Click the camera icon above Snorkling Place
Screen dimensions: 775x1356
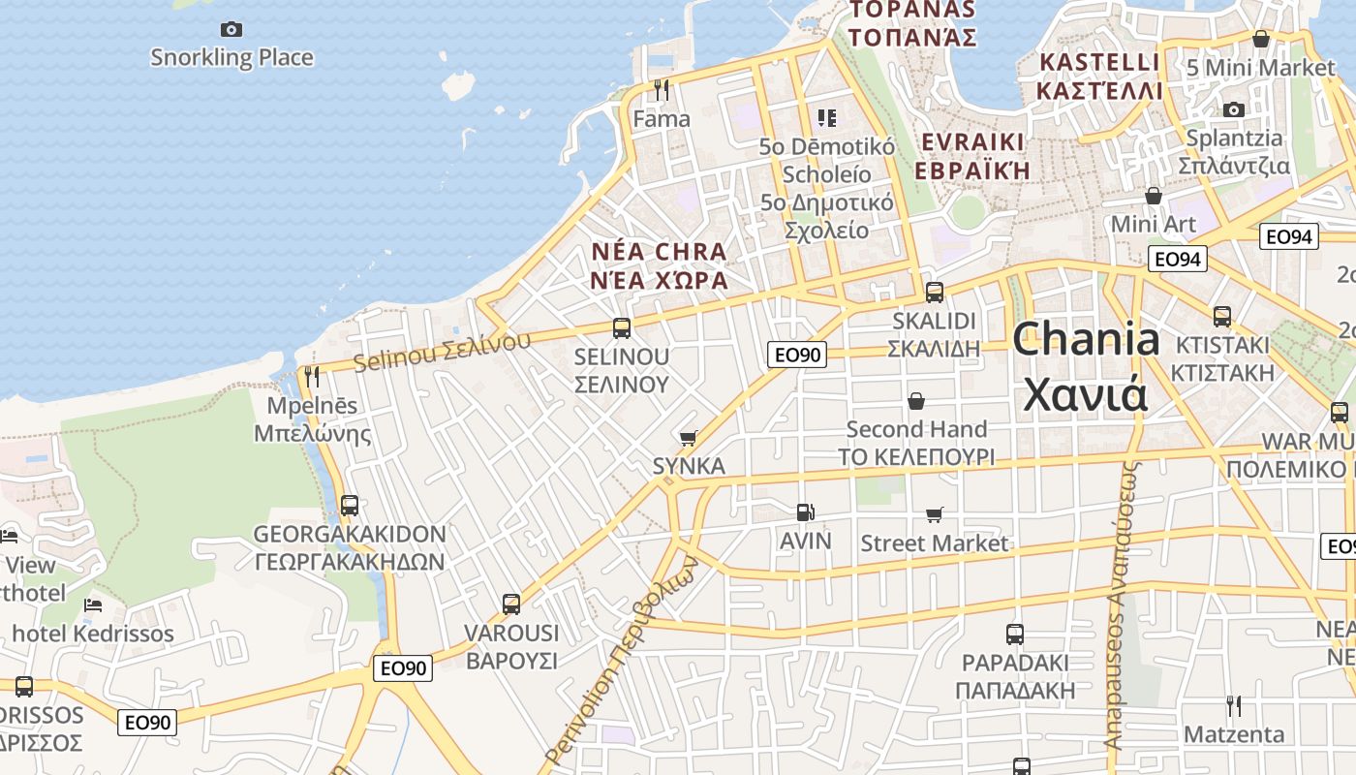(x=231, y=29)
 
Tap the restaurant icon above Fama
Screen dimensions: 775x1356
(x=662, y=90)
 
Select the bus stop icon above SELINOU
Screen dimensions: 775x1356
(x=622, y=328)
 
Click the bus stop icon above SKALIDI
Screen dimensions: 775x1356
(x=935, y=292)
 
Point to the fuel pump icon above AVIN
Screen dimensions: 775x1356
(x=805, y=511)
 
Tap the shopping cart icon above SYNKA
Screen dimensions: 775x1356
(x=689, y=438)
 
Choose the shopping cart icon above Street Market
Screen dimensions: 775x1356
(x=934, y=514)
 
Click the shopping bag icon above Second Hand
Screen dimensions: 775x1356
(x=915, y=400)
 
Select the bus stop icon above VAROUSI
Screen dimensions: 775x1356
(x=511, y=604)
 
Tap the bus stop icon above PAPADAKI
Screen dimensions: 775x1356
(x=1014, y=635)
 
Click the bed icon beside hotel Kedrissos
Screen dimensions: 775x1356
(x=93, y=605)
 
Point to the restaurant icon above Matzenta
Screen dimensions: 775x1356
(x=1233, y=705)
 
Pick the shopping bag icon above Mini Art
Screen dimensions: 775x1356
(x=1153, y=196)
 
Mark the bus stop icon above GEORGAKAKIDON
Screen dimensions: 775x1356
(x=350, y=505)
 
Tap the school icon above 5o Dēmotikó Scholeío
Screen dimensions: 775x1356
(x=826, y=118)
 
